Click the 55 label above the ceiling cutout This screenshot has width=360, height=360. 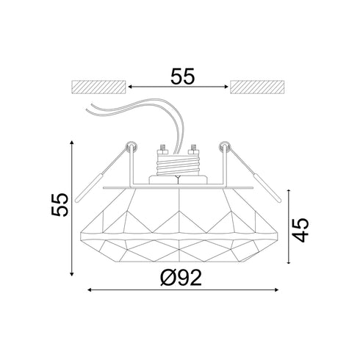[x=180, y=76]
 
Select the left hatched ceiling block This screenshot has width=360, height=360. [x=100, y=86]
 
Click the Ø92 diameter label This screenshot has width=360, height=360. [x=181, y=277]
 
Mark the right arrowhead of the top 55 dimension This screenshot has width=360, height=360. [x=227, y=86]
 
